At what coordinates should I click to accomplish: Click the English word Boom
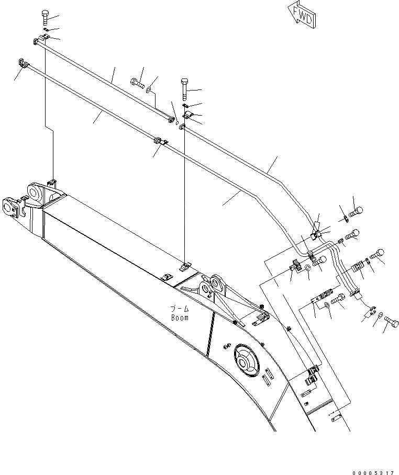pos(179,317)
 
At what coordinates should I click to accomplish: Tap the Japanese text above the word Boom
pos(179,309)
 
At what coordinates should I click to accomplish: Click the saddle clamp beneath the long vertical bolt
pos(187,115)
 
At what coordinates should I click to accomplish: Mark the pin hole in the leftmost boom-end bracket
pos(9,206)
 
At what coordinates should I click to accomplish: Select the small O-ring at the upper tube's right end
pos(178,125)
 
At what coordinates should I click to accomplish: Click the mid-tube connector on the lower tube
pos(157,141)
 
